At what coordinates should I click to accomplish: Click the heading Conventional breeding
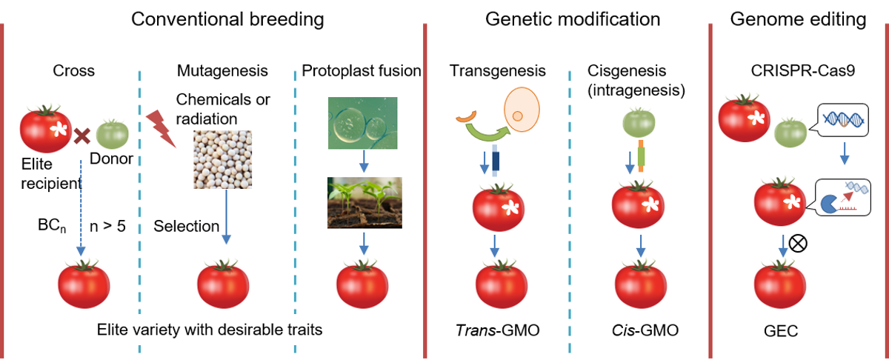pyautogui.click(x=227, y=20)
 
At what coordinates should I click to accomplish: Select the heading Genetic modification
pyautogui.click(x=573, y=19)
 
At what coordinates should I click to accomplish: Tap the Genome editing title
pyautogui.click(x=798, y=20)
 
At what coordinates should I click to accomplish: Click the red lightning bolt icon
pyautogui.click(x=161, y=128)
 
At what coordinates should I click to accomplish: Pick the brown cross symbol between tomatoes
pyautogui.click(x=82, y=136)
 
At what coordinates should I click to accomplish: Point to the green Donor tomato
pyautogui.click(x=113, y=134)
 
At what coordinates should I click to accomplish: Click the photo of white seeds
pyautogui.click(x=222, y=159)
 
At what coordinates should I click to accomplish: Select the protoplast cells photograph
pyautogui.click(x=362, y=123)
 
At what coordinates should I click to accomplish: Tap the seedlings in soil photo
pyautogui.click(x=364, y=202)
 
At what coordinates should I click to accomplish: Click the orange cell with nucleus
pyautogui.click(x=522, y=110)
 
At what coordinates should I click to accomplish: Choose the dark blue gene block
pyautogui.click(x=496, y=161)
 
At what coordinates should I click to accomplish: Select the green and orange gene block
pyautogui.click(x=641, y=156)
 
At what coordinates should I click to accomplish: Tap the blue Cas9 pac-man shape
pyautogui.click(x=828, y=204)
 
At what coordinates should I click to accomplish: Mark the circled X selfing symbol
pyautogui.click(x=798, y=243)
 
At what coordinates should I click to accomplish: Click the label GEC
pyautogui.click(x=781, y=331)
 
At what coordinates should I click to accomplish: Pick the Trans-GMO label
pyautogui.click(x=497, y=330)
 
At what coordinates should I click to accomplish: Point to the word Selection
pyautogui.click(x=186, y=226)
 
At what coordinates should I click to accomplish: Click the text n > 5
pyautogui.click(x=107, y=226)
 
